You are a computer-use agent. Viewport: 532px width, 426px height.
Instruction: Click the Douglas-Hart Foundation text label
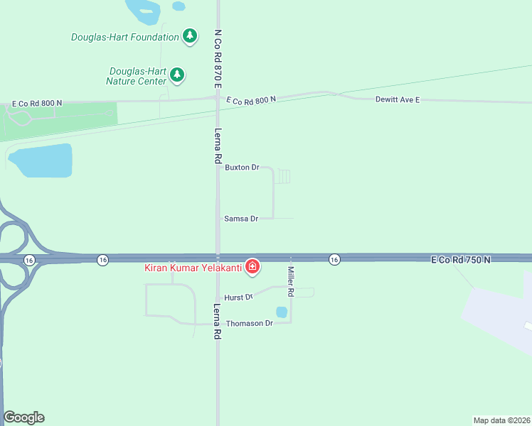125,37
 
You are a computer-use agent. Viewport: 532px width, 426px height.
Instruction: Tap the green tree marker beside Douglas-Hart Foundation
189,35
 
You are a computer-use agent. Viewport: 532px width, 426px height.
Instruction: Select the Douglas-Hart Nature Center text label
137,76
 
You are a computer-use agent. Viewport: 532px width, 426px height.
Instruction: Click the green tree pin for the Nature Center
177,75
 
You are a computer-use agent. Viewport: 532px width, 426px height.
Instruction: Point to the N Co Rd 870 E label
218,59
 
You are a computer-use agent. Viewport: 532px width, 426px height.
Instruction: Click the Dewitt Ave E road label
398,99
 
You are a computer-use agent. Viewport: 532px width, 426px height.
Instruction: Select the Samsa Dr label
240,219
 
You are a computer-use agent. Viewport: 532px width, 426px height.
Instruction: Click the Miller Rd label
291,281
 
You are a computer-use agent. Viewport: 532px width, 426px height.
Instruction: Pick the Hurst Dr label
238,297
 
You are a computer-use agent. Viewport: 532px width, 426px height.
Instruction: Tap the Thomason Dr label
250,324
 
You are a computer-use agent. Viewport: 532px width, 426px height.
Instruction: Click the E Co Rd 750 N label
461,261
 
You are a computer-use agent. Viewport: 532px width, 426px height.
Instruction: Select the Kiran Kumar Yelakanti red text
193,268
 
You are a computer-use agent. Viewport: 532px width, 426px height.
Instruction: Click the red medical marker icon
252,267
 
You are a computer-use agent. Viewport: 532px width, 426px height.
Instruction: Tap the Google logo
23,417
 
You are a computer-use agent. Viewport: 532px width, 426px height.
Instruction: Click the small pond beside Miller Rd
282,312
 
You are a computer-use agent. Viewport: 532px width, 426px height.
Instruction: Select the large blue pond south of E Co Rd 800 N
43,160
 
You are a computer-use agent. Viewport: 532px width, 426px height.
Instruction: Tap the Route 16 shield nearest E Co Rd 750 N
334,260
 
